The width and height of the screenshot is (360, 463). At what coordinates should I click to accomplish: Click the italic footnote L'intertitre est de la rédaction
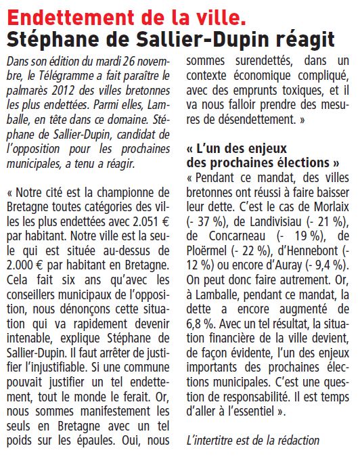pos(252,439)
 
